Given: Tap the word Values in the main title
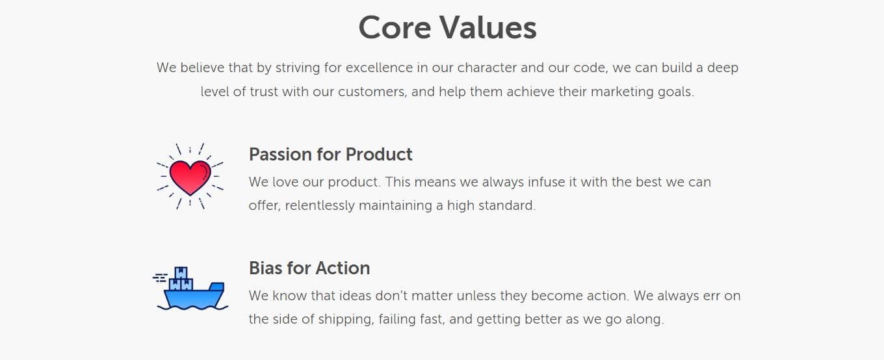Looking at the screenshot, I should tap(487, 28).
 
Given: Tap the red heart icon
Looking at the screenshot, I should tap(190, 177).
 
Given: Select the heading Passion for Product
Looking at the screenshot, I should tap(330, 154).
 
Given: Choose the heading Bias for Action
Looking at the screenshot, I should tap(309, 268).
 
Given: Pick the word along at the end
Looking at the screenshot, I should tap(645, 320).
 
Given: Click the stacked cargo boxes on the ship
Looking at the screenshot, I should tap(181, 279).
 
